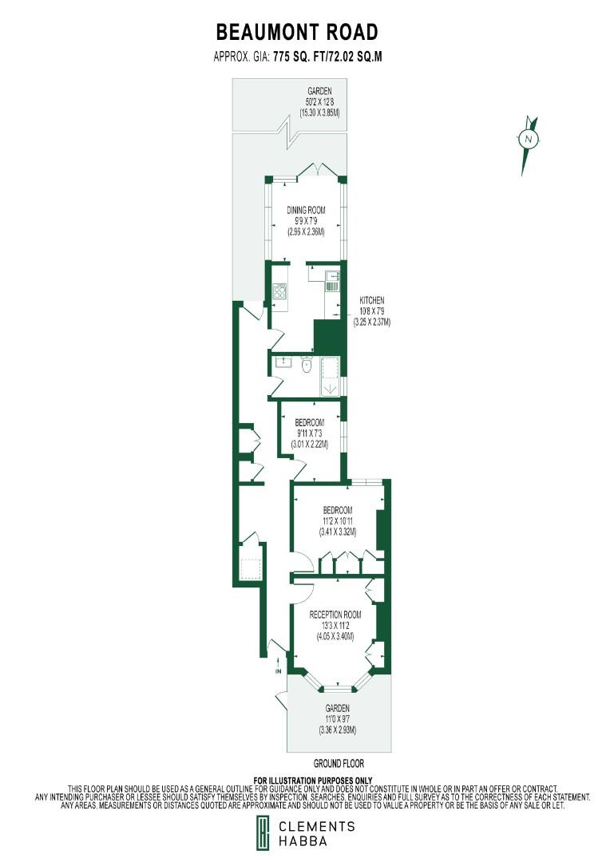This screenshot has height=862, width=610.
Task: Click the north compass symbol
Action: pyautogui.click(x=528, y=141)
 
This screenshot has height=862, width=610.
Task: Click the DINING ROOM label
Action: pyautogui.click(x=307, y=210)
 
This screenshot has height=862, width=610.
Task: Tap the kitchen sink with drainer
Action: pyautogui.click(x=333, y=279)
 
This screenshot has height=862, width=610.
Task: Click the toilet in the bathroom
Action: pyautogui.click(x=306, y=366)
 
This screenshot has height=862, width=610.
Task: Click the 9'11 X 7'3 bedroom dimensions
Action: pyautogui.click(x=309, y=433)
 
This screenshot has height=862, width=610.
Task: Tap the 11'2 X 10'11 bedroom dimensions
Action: pyautogui.click(x=337, y=521)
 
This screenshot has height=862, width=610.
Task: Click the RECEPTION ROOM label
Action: pyautogui.click(x=336, y=615)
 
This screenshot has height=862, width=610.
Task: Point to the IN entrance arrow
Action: pyautogui.click(x=278, y=666)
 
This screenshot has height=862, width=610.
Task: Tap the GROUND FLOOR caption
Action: pyautogui.click(x=339, y=764)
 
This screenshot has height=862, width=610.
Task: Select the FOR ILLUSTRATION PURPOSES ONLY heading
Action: pyautogui.click(x=312, y=780)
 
